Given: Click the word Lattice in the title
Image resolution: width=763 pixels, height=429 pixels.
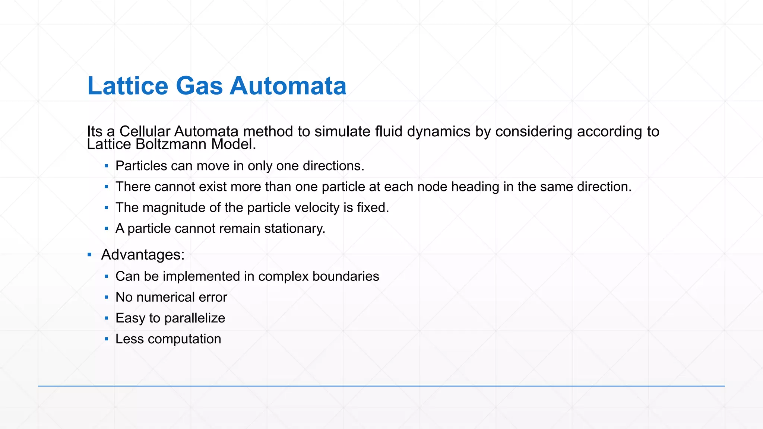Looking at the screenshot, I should [x=128, y=86].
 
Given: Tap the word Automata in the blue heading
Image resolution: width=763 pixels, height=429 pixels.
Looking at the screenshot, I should [x=288, y=86].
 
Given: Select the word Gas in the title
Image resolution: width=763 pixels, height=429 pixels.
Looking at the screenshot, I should [x=199, y=86].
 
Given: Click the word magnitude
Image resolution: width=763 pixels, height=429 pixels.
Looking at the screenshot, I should [x=174, y=207].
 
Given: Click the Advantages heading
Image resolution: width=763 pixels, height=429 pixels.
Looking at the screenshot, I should [x=143, y=255].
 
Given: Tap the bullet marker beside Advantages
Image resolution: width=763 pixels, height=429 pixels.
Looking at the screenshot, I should [x=89, y=255].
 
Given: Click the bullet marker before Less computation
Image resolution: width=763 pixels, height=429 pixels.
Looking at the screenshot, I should [x=107, y=339].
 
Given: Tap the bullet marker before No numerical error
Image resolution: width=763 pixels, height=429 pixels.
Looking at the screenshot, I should [x=107, y=297].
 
